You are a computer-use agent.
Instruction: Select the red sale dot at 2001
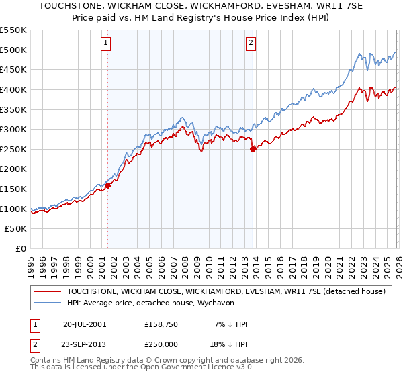point(107,186)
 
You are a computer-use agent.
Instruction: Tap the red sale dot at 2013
point(253,150)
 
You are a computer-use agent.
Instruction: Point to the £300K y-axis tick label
point(13,129)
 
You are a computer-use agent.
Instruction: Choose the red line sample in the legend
point(48,291)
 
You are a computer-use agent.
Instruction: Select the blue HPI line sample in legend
point(48,303)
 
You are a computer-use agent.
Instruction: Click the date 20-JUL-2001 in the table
point(84,324)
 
